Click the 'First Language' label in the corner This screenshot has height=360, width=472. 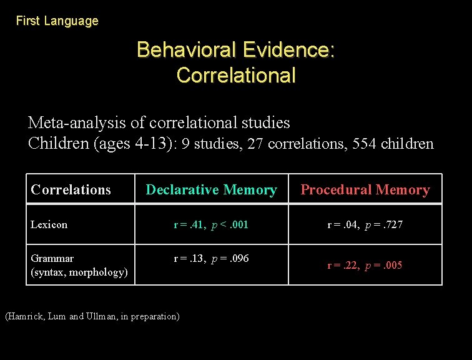57,21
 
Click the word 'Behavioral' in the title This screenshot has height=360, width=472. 185,49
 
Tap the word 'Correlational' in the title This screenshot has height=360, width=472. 236,76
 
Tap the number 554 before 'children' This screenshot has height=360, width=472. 365,144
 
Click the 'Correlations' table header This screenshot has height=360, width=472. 71,189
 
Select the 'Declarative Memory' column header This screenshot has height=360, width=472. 211,189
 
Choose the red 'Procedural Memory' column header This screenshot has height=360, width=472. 365,189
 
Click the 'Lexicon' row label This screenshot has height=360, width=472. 49,224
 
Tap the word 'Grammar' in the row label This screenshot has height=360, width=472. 52,258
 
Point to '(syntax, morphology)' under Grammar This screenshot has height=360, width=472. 79,272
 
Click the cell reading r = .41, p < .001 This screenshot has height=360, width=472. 211,224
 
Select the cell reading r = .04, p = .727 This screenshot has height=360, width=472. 365,224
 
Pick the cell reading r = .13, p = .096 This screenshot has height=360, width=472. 211,258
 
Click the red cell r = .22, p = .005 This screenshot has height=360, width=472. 365,265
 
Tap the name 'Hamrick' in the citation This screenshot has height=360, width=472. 27,316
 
